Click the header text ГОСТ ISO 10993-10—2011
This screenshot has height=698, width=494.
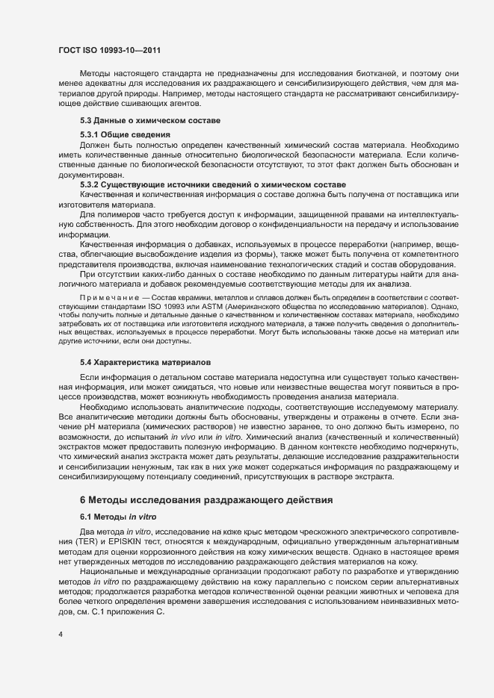(x=109, y=50)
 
